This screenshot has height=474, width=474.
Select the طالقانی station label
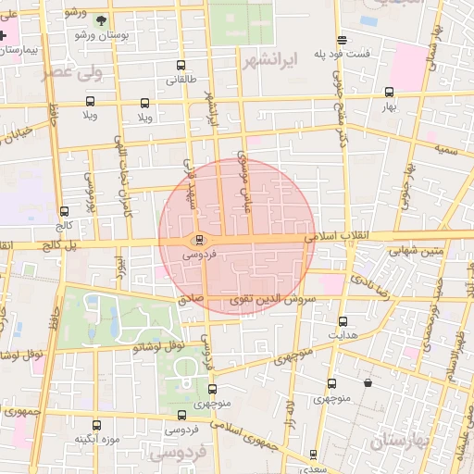pyautogui.click(x=181, y=81)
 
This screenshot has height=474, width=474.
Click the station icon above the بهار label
pyautogui.click(x=389, y=92)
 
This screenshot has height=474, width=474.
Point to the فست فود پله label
pyautogui.click(x=342, y=54)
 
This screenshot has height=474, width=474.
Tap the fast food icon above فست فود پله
pyautogui.click(x=343, y=40)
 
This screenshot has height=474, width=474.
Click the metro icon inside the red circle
pyautogui.click(x=199, y=240)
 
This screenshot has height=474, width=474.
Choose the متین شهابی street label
pyautogui.click(x=415, y=250)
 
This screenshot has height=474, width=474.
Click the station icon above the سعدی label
pyautogui.click(x=313, y=455)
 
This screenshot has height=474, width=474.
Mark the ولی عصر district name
pyautogui.click(x=70, y=71)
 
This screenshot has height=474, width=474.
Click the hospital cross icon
pyautogui.click(x=4, y=35)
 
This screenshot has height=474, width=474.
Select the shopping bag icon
pyautogui.click(x=368, y=382)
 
